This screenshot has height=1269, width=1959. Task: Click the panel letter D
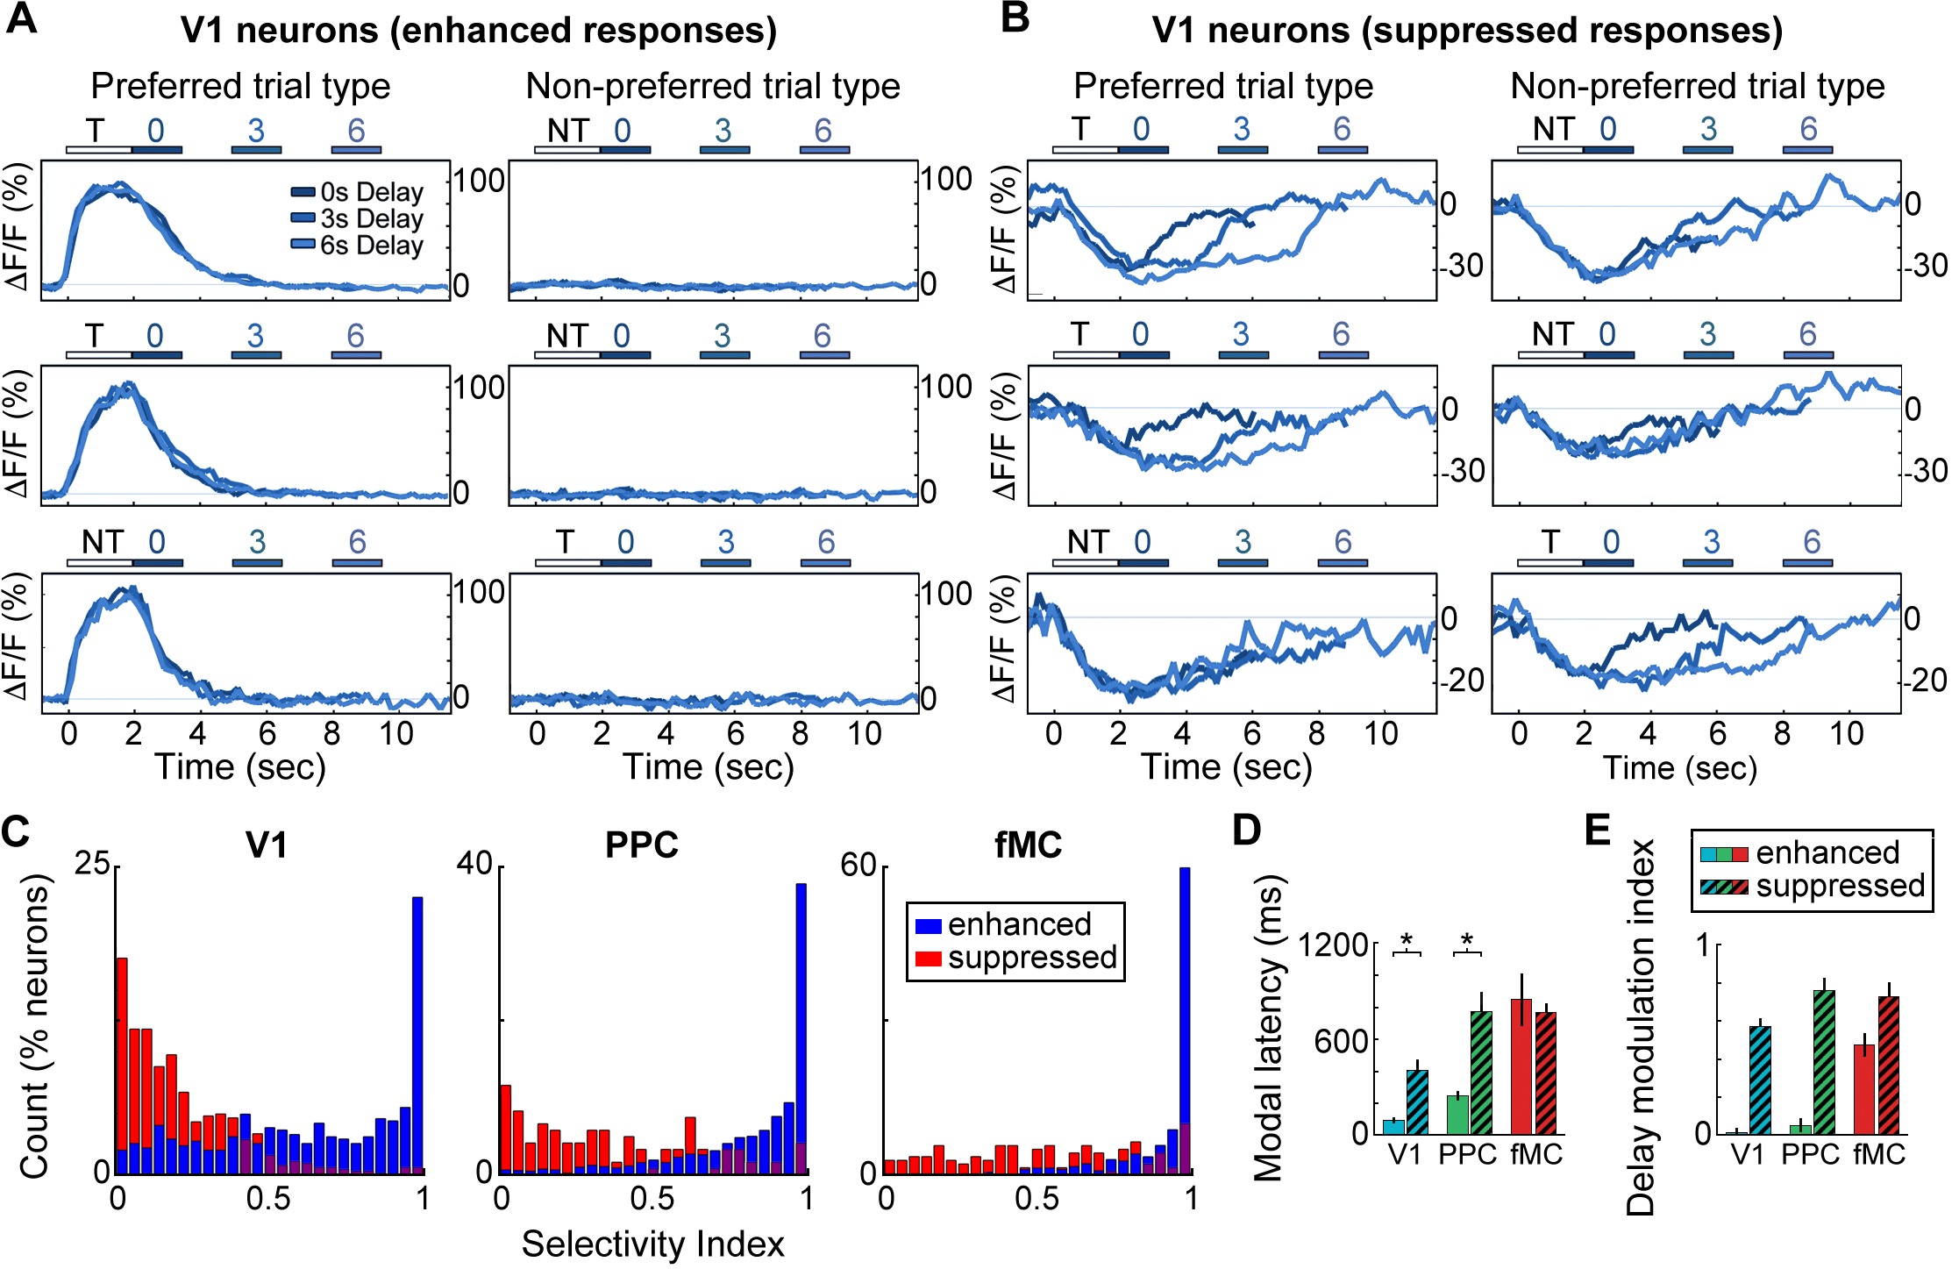point(1246,830)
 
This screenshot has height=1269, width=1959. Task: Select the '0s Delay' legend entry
point(358,192)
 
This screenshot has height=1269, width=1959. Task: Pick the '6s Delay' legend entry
point(358,245)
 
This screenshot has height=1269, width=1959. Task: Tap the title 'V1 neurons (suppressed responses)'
point(1467,31)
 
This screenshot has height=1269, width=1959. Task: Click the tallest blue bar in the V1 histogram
point(417,1035)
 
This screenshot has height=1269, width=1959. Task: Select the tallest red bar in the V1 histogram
point(122,1066)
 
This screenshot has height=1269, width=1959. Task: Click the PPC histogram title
point(642,845)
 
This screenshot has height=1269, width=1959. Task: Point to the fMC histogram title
point(1029,845)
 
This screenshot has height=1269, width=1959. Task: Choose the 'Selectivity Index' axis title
point(652,1244)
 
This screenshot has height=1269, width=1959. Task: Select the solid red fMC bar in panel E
point(1864,1088)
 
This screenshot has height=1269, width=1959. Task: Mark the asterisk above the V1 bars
point(1407,941)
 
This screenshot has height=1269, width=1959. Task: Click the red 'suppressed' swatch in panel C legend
point(928,959)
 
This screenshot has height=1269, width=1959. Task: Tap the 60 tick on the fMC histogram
point(858,865)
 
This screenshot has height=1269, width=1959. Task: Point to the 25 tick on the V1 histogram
point(92,865)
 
